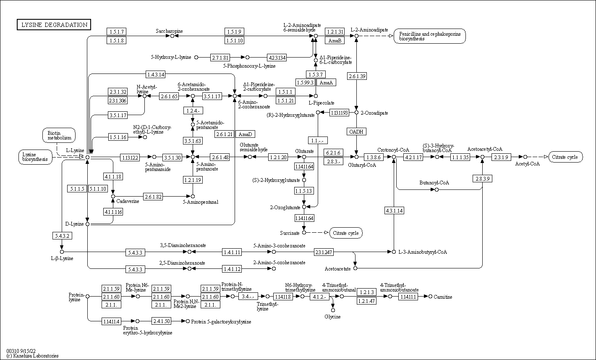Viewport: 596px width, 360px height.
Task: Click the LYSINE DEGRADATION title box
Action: click(x=54, y=25)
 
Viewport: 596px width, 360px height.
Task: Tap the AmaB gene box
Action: click(x=335, y=40)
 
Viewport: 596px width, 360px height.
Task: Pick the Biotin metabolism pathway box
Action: click(x=59, y=135)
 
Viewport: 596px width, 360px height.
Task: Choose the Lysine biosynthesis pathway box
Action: click(x=35, y=157)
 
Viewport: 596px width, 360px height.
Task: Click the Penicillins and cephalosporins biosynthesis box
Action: click(x=430, y=36)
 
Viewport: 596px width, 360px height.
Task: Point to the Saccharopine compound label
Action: click(x=169, y=31)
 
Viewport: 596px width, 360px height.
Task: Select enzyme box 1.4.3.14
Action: click(x=155, y=74)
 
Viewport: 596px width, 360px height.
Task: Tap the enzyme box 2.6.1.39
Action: click(x=357, y=76)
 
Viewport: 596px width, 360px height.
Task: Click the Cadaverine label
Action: click(x=128, y=201)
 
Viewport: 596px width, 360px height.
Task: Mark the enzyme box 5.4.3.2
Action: click(x=62, y=235)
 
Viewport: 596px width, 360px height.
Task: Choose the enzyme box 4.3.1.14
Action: click(x=394, y=210)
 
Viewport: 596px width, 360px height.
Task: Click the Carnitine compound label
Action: click(x=443, y=297)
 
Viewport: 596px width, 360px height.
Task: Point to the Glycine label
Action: click(x=332, y=316)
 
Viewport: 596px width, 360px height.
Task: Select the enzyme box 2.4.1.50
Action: click(x=162, y=321)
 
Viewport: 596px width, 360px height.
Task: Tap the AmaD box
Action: click(x=245, y=134)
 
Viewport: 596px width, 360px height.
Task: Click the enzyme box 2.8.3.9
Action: click(x=482, y=178)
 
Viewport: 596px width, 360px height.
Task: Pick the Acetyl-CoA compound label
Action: click(x=527, y=164)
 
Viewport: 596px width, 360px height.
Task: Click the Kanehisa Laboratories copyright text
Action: click(x=32, y=356)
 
